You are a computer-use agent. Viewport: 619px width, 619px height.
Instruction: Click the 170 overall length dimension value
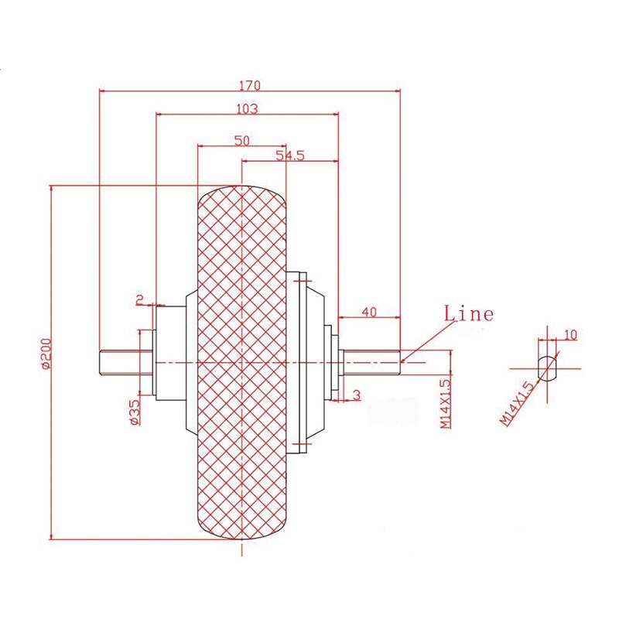(250, 84)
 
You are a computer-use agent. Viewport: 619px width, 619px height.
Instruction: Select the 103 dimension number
(247, 108)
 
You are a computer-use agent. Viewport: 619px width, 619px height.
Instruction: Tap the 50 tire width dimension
(241, 140)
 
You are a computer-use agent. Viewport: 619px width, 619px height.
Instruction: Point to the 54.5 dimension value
(290, 156)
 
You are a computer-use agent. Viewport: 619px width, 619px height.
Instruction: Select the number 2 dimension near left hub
(140, 299)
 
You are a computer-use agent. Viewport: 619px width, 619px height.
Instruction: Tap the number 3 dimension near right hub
(356, 395)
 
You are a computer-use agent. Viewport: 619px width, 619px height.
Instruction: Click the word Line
(468, 313)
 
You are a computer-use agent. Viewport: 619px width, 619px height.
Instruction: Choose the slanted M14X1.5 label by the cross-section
(518, 402)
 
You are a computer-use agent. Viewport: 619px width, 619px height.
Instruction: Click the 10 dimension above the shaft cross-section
(571, 335)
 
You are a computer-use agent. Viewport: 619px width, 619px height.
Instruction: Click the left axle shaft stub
(119, 363)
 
